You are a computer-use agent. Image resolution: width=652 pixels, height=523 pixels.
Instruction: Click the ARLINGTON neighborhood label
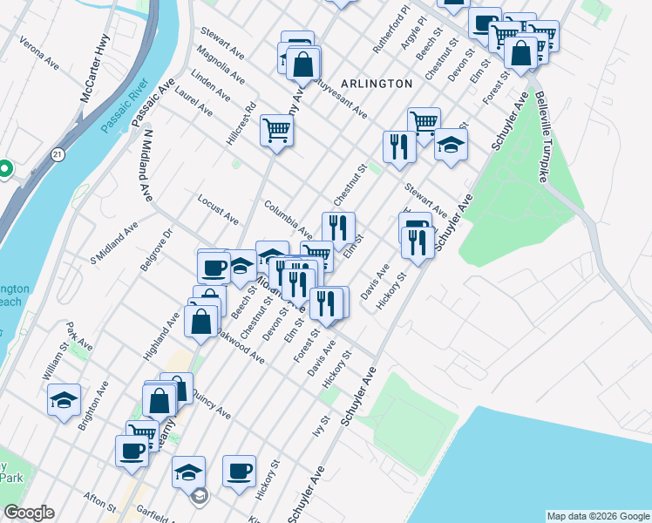377,84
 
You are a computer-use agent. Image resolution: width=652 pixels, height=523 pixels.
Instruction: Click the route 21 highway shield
57,154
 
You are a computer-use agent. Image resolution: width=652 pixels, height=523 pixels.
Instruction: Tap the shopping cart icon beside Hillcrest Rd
276,131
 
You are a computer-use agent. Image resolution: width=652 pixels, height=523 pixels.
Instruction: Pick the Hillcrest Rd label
241,126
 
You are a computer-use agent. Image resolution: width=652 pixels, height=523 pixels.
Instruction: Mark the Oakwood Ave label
243,346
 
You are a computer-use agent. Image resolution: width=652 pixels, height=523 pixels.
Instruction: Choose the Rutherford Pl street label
391,31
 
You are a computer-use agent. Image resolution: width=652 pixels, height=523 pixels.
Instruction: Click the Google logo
29,513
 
